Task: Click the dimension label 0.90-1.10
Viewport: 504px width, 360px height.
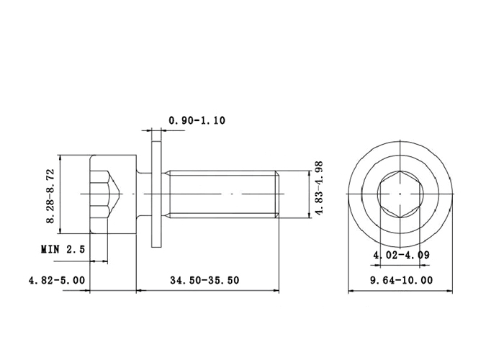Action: tap(197, 120)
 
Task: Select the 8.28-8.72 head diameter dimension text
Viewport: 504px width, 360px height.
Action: tap(51, 196)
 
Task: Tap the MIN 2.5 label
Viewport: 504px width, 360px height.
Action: tap(63, 249)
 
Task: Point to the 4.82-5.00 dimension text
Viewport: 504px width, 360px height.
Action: tap(57, 280)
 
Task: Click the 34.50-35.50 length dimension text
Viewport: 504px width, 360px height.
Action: tap(204, 280)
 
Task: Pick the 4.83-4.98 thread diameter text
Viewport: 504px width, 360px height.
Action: tap(319, 188)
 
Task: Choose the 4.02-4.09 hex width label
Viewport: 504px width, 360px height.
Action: tap(401, 255)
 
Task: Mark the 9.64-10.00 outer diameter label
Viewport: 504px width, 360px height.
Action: tap(402, 280)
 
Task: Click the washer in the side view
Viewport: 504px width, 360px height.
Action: tap(156, 194)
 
